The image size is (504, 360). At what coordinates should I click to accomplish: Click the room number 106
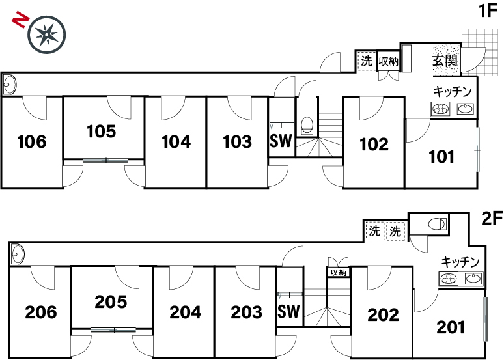(32, 141)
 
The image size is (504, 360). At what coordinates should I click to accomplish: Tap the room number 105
(101, 131)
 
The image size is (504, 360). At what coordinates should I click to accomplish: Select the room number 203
(247, 312)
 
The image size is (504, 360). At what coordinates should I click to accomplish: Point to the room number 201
(451, 327)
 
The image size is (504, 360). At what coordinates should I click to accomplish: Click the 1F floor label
(488, 11)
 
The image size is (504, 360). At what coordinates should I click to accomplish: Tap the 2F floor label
(492, 219)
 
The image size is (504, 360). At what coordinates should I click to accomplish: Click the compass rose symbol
(47, 34)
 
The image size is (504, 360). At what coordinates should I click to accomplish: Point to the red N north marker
(20, 20)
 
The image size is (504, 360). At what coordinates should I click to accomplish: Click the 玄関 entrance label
(445, 60)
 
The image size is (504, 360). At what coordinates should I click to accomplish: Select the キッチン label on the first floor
(453, 92)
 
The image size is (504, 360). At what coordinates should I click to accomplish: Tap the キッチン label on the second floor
(460, 262)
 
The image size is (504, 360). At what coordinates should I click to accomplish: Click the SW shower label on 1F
(281, 141)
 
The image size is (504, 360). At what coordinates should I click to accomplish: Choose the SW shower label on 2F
(288, 311)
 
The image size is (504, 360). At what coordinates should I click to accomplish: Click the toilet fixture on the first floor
(307, 125)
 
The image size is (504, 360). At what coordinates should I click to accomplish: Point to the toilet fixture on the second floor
(438, 224)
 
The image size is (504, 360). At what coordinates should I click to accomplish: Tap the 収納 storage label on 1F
(388, 61)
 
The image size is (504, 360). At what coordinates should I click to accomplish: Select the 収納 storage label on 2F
(338, 273)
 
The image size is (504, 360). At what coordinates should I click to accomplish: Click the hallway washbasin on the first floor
(9, 84)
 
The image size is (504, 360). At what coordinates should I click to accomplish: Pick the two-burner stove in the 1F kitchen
(441, 109)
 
